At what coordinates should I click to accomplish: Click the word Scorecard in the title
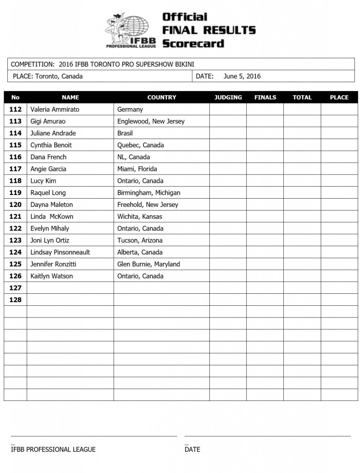point(193,43)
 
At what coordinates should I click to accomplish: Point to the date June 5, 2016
point(242,76)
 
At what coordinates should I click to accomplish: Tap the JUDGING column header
point(228,97)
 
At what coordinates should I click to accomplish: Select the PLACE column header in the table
point(339,97)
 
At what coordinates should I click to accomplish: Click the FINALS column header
point(265,97)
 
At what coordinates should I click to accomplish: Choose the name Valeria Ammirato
point(55,109)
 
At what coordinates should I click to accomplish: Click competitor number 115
point(15,145)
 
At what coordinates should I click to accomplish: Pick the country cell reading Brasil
point(125,133)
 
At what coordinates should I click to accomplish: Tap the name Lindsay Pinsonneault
point(60,252)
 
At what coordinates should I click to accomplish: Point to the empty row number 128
point(15,300)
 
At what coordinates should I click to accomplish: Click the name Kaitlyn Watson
point(51,276)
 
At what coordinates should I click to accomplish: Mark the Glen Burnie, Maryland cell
point(148,264)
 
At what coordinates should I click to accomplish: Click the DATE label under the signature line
point(192,449)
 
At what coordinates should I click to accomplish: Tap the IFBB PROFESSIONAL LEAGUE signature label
point(53,449)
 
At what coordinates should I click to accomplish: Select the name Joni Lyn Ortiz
point(50,240)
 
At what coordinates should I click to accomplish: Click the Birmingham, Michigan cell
point(148,193)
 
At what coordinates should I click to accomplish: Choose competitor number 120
point(15,205)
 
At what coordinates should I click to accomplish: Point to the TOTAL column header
point(302,97)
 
